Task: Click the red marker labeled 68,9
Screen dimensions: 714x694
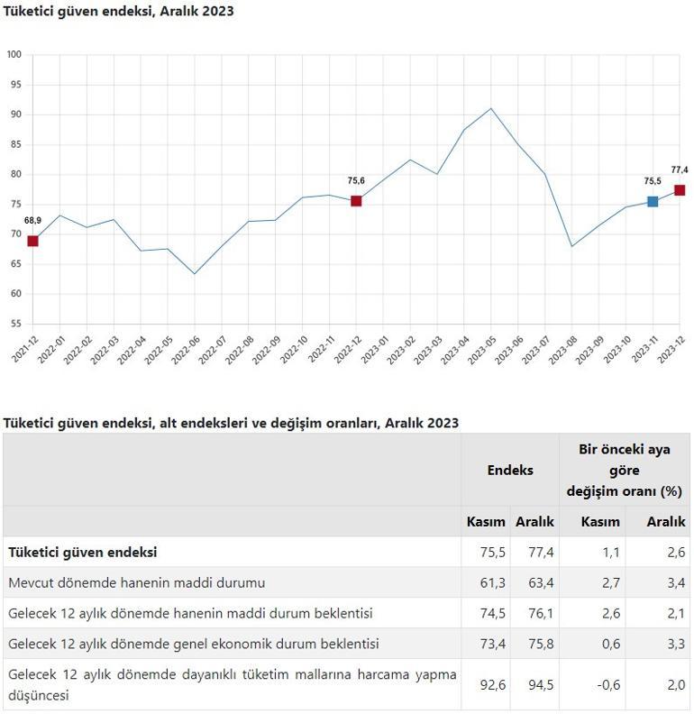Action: click(x=32, y=241)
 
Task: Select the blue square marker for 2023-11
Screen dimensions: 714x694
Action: click(x=653, y=202)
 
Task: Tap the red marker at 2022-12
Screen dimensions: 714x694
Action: click(x=356, y=201)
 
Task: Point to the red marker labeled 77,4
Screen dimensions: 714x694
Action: click(x=680, y=190)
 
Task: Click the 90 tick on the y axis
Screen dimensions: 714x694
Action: click(x=14, y=114)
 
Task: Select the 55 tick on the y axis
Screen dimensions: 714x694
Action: click(x=14, y=324)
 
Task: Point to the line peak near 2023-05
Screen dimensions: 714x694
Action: click(x=491, y=109)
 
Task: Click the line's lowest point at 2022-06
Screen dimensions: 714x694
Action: click(x=195, y=274)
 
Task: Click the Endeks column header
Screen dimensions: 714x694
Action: click(x=510, y=470)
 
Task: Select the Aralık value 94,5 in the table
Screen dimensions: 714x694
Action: click(x=535, y=685)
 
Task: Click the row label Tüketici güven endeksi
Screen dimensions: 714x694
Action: click(x=83, y=552)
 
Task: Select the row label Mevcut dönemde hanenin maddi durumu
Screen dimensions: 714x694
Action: click(x=136, y=582)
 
